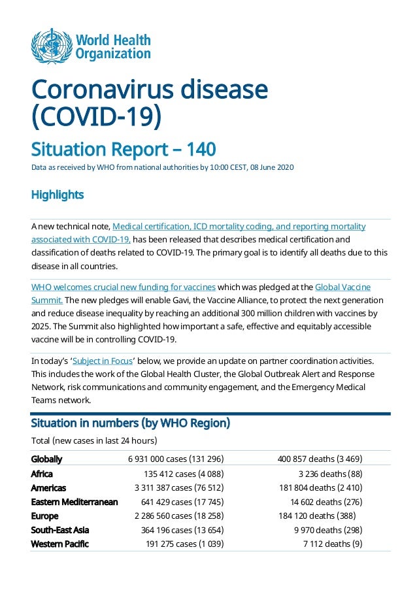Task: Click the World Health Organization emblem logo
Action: click(x=51, y=46)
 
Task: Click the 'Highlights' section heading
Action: click(x=58, y=195)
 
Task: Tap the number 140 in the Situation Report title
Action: click(x=201, y=150)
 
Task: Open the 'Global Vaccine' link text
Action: click(x=342, y=287)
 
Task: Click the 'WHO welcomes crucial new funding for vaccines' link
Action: click(x=124, y=287)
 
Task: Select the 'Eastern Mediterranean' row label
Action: click(x=75, y=502)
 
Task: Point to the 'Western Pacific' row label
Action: click(x=60, y=544)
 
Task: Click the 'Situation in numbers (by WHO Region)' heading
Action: click(x=131, y=423)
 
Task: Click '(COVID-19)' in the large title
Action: click(x=96, y=118)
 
